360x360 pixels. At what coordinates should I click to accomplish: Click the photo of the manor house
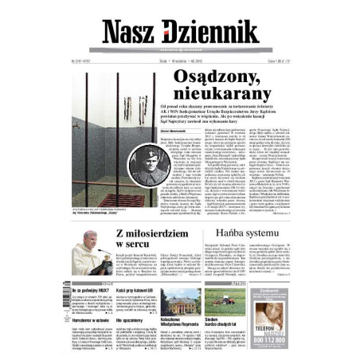(180, 300)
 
